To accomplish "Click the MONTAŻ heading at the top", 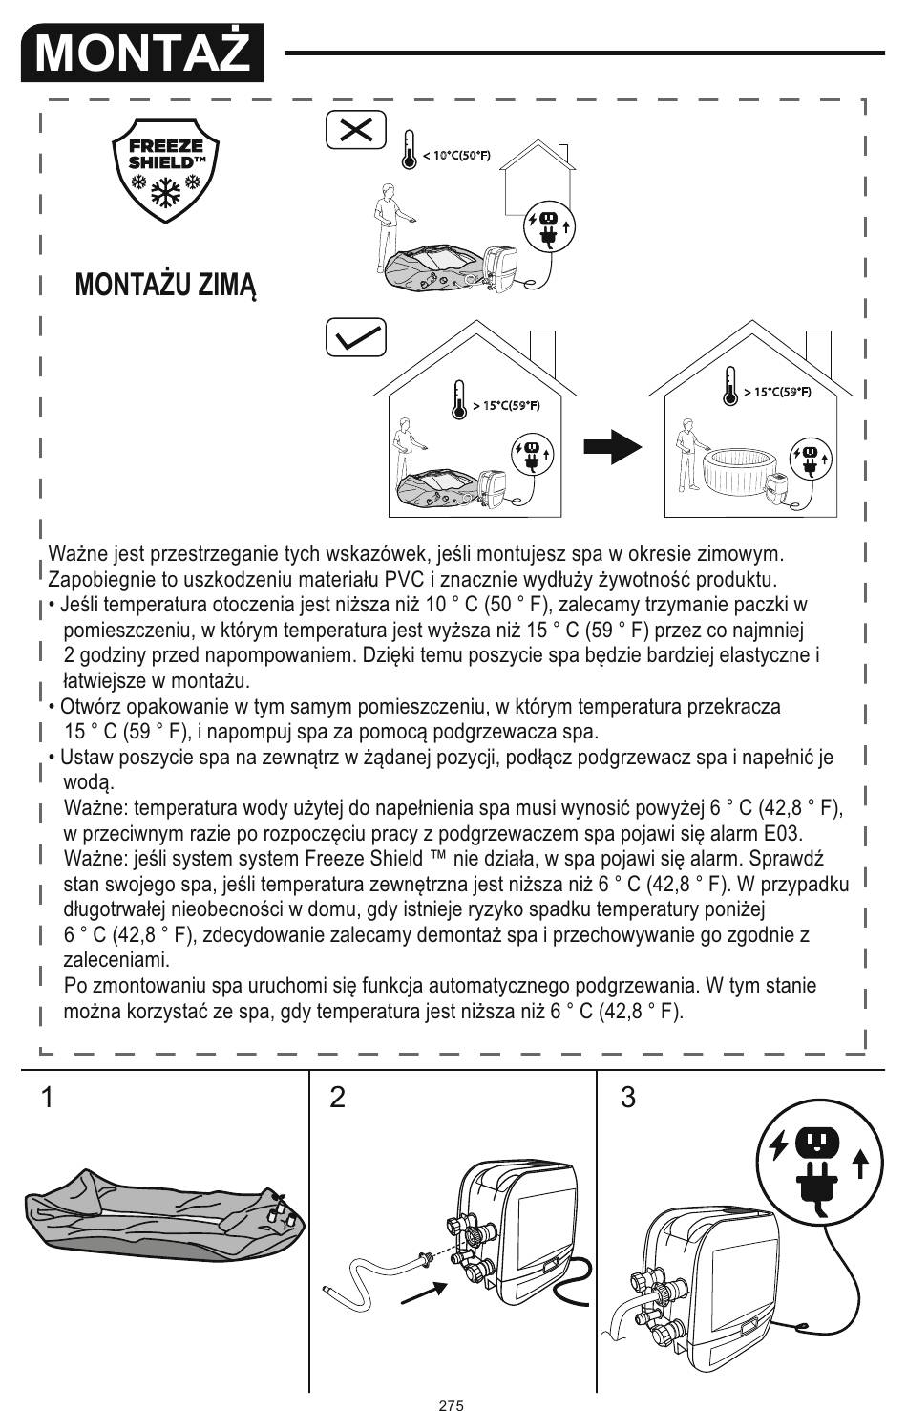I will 141,53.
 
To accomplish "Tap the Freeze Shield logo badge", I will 166,170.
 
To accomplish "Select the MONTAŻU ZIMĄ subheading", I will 165,285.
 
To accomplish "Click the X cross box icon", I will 356,130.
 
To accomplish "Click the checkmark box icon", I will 356,338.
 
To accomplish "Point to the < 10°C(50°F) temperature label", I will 456,156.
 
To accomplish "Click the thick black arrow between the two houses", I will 612,446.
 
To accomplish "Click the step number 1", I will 47,1098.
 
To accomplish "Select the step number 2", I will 337,1098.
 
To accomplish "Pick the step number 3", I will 627,1098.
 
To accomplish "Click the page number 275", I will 452,1405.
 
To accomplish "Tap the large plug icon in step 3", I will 817,1161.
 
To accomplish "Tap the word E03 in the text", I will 784,834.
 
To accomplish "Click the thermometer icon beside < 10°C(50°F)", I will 410,151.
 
